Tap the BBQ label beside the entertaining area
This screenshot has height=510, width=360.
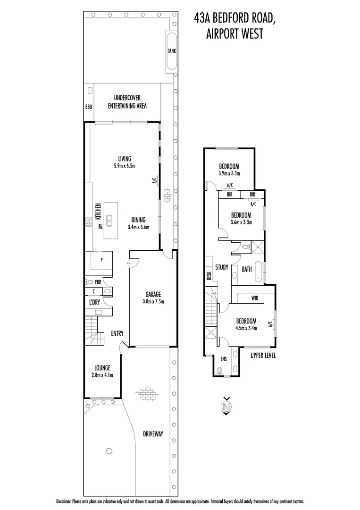(89, 107)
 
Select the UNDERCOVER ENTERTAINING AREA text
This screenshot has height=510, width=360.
(127, 102)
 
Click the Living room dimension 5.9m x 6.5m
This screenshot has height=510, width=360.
(125, 166)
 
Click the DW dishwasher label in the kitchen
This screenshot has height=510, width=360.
(100, 226)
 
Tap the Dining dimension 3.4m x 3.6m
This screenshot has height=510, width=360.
(138, 227)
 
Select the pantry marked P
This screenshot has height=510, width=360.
(101, 260)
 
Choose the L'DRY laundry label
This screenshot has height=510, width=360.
(94, 302)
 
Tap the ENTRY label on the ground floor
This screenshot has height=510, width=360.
(117, 333)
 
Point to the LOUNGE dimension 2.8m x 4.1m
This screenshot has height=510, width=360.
(102, 375)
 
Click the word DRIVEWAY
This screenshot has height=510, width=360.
(153, 433)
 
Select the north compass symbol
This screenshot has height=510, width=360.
(227, 405)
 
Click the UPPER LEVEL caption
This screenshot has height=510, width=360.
(263, 355)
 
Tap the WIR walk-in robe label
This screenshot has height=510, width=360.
(255, 298)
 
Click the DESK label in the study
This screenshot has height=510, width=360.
(209, 275)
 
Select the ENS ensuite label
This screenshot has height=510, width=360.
(224, 359)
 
